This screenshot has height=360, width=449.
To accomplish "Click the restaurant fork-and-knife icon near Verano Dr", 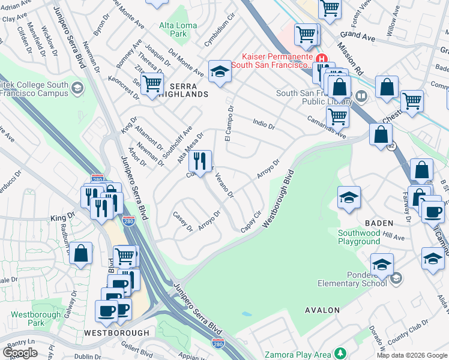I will coord(200,161).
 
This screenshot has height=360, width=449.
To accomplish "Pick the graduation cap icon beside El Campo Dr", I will coord(220,72).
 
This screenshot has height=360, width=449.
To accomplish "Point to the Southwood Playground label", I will coord(358,237).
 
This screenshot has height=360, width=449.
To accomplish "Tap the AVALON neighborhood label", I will coord(322,310).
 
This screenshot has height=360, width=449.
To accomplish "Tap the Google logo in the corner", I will coord(20,352).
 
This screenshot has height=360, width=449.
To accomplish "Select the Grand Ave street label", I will coord(357,37).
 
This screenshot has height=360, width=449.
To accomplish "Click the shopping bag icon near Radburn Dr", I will coord(81,253).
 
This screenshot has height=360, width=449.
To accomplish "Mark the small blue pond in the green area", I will coord(247,314).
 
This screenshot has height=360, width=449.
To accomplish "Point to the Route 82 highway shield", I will coord(391,146).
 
